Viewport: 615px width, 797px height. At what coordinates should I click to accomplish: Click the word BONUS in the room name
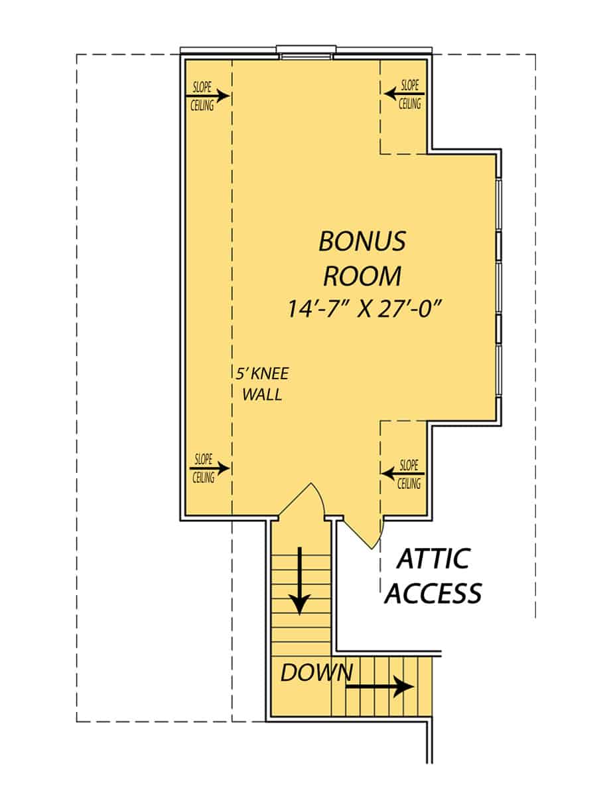click(362, 242)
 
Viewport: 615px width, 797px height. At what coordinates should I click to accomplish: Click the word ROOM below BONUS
click(362, 275)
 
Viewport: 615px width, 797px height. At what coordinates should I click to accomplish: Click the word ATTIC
click(433, 559)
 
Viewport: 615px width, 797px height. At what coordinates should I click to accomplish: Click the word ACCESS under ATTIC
click(433, 592)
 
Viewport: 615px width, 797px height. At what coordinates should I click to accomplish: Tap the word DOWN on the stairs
click(316, 673)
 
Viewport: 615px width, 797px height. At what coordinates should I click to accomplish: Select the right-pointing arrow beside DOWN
click(379, 687)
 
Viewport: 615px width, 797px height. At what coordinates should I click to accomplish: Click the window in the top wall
click(307, 52)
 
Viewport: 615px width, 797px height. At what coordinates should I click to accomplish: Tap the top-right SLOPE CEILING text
click(409, 94)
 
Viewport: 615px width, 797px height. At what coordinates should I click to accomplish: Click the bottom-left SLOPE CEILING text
click(203, 468)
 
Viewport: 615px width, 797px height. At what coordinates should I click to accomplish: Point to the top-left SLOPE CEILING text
click(203, 96)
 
